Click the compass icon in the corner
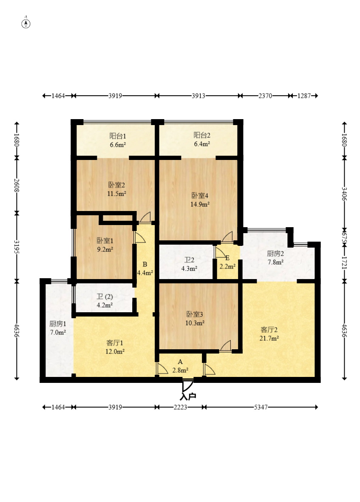[26, 23]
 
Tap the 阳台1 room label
[118, 136]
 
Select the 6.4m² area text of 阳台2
[202, 144]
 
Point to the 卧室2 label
[116, 185]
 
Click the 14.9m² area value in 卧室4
[200, 204]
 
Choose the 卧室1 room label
[105, 240]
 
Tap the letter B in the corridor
[145, 264]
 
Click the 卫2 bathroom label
[189, 260]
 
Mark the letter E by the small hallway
[227, 258]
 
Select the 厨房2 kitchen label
[275, 254]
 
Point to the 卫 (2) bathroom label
[105, 297]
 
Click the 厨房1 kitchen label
[57, 324]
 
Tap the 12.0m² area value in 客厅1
[115, 351]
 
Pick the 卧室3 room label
[195, 314]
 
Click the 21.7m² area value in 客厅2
[269, 338]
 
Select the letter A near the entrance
[180, 362]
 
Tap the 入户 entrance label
[188, 396]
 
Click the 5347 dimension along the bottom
[261, 407]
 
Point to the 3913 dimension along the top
[198, 96]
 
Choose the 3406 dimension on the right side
[344, 194]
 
